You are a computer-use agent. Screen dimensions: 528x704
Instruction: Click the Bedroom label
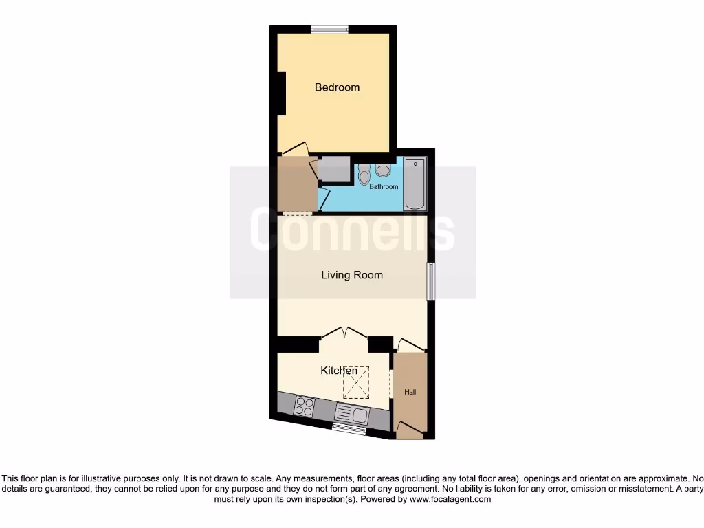point(337,87)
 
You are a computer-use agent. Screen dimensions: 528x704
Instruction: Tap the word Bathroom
point(384,187)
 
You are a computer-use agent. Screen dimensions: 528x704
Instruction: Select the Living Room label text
point(352,275)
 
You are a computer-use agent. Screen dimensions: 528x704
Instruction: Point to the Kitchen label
point(339,371)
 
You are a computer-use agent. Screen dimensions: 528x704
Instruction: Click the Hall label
point(410,392)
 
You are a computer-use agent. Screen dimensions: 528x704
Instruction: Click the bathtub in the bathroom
point(415,184)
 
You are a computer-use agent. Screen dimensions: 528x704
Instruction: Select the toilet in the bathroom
point(364,175)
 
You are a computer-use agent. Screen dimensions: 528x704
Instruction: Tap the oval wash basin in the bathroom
point(383,170)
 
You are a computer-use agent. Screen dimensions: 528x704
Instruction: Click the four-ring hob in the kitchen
point(304,407)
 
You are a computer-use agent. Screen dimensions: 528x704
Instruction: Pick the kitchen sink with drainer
point(351,414)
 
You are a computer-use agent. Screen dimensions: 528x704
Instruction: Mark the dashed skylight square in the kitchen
point(356,382)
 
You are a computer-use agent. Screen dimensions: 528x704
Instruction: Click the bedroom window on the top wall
point(329,29)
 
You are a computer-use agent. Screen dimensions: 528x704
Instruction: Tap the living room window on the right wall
point(431,281)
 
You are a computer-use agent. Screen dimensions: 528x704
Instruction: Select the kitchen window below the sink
point(349,429)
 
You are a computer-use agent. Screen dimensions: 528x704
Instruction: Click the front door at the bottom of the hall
point(410,431)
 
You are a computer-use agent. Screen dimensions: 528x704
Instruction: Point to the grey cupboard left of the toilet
point(335,169)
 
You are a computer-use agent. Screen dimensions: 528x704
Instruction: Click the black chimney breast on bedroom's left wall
point(281,93)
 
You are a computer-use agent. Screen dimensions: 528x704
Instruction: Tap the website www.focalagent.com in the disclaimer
point(450,499)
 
